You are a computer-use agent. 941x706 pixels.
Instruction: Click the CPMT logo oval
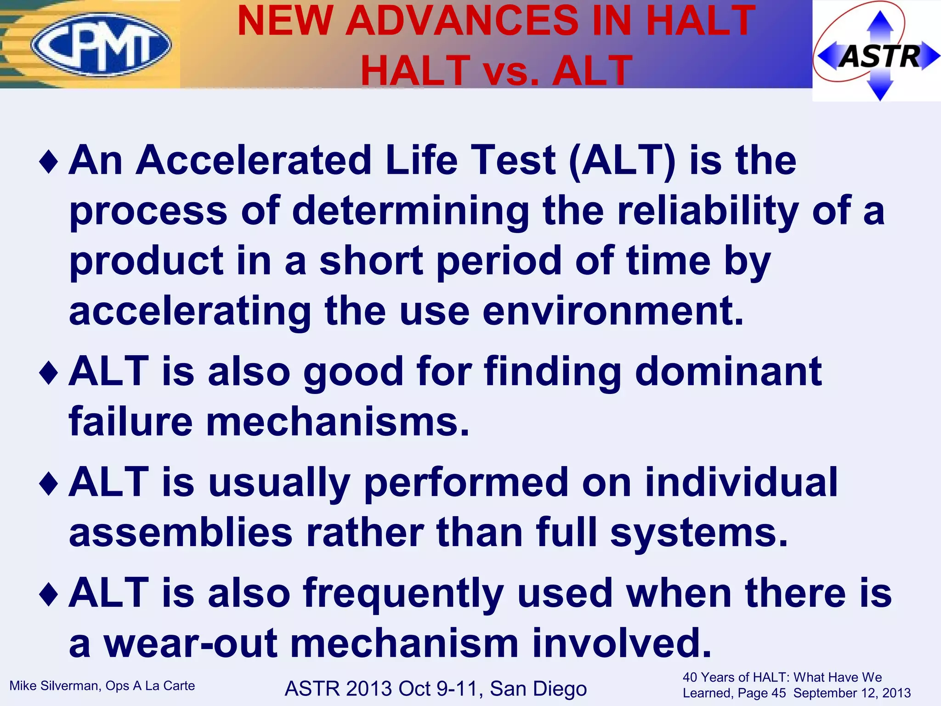click(x=101, y=45)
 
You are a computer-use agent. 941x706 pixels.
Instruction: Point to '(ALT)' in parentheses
click(x=622, y=161)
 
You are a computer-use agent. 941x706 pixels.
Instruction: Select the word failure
click(x=131, y=421)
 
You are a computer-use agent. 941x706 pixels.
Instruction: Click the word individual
click(x=741, y=482)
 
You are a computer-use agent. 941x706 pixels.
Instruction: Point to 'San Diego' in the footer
click(x=538, y=689)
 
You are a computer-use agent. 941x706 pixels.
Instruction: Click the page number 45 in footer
click(x=777, y=693)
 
